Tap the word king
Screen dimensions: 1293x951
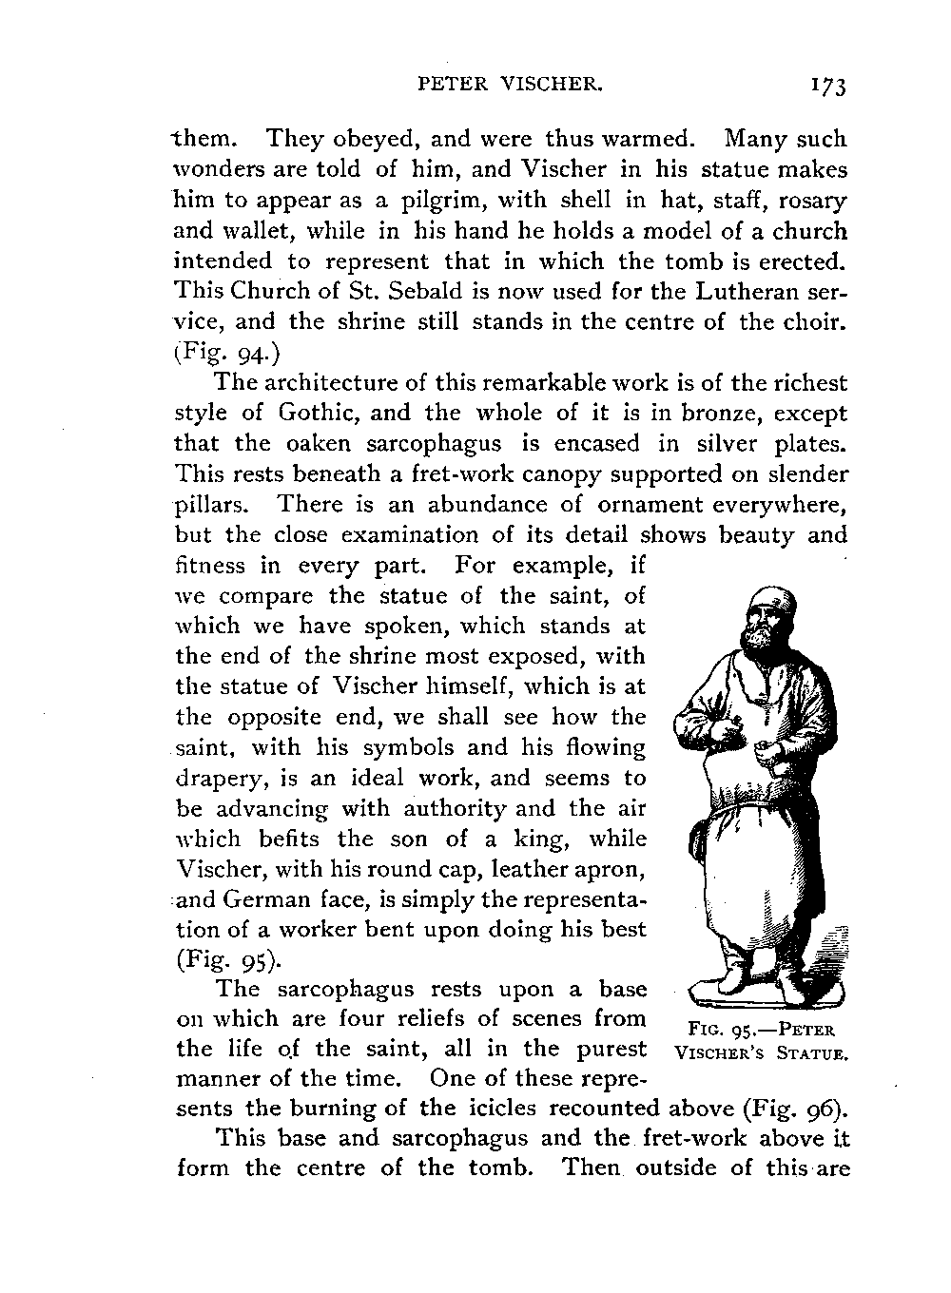542,839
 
